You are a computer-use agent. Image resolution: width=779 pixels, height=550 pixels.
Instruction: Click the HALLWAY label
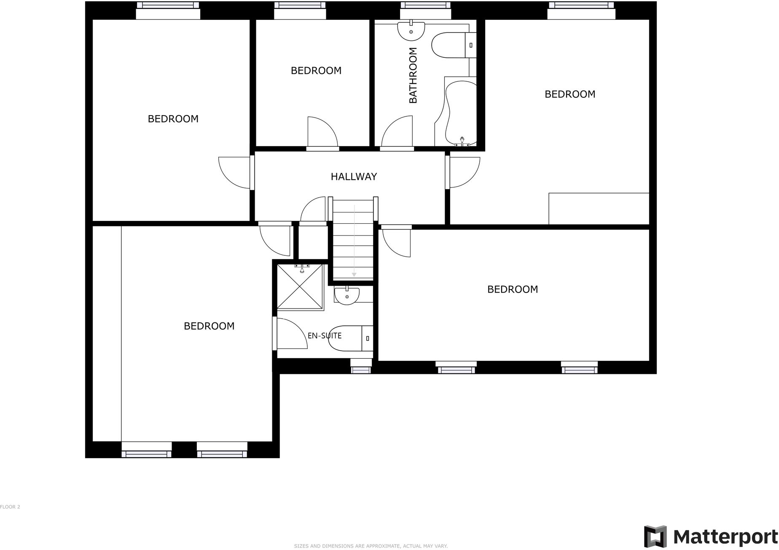coord(354,177)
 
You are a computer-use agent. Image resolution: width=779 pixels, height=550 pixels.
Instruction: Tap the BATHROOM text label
coord(413,75)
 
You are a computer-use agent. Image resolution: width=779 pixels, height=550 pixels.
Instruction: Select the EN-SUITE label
coord(325,336)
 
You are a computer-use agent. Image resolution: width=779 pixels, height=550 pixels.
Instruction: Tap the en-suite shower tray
coord(300,287)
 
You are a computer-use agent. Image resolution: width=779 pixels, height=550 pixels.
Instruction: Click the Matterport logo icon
coord(655,537)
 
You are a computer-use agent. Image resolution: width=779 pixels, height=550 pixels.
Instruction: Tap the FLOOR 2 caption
coord(10,507)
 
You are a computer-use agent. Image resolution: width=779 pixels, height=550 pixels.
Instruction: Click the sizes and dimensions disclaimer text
coord(371,546)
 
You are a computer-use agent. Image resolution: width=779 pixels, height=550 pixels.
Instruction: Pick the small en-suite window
coord(361,370)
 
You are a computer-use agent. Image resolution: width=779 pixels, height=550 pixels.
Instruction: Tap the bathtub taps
coord(462,142)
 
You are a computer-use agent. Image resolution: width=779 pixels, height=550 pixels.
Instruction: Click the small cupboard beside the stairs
coord(313,242)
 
